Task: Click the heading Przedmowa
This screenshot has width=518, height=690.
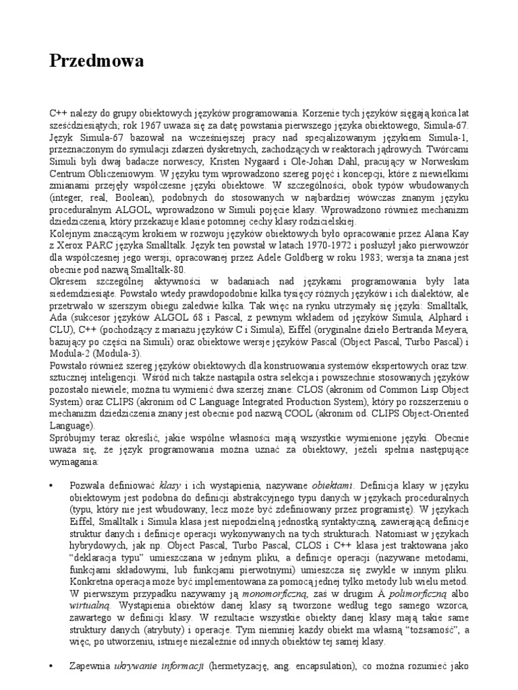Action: tap(97, 62)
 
